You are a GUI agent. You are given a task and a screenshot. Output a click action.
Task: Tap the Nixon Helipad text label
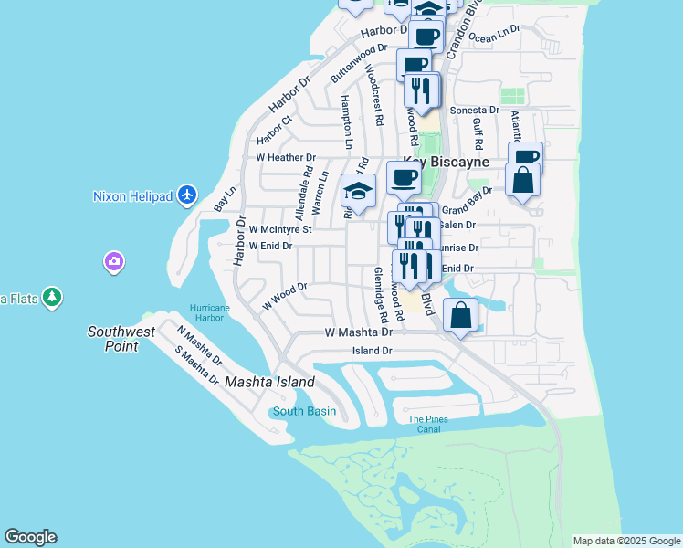[134, 195]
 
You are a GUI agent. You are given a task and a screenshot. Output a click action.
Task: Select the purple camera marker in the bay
[114, 262]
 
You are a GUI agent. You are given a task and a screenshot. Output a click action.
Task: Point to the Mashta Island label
[269, 382]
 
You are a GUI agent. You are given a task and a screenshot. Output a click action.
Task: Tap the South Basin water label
[304, 411]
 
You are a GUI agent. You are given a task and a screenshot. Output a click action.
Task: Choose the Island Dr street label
[373, 351]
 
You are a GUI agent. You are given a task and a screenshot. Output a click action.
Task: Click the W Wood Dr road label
[285, 296]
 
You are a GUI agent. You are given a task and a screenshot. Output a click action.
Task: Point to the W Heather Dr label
[286, 157]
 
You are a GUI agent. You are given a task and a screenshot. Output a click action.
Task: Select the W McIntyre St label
[281, 229]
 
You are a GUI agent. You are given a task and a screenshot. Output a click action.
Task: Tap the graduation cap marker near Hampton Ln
[359, 192]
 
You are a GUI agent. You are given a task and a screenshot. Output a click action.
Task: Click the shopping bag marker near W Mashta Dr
[461, 315]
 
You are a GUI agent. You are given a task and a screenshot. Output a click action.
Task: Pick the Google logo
[30, 537]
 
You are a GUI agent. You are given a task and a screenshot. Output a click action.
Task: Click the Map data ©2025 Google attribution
[626, 541]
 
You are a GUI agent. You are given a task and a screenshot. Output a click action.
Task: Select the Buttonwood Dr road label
[359, 59]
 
